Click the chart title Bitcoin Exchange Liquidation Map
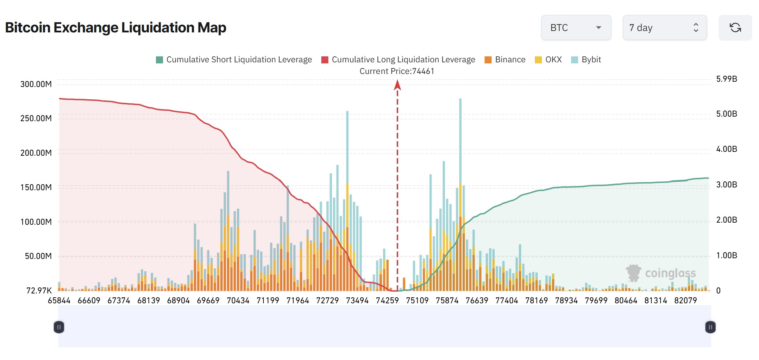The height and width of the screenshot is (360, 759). [x=115, y=27]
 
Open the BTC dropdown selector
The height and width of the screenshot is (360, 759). [x=576, y=27]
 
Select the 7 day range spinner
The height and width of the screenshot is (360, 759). [x=664, y=27]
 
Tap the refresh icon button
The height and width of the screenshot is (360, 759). [x=735, y=27]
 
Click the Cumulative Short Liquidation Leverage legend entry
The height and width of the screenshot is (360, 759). [x=234, y=60]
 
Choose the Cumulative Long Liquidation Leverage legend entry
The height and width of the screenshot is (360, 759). [x=398, y=60]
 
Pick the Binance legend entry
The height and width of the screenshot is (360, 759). [x=505, y=60]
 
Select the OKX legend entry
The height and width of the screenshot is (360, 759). [x=548, y=60]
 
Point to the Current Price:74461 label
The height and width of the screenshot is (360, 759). [x=397, y=71]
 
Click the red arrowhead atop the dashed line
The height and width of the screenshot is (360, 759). [x=397, y=85]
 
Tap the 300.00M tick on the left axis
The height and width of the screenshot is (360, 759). [x=36, y=84]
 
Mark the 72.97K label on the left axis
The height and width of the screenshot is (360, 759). [x=39, y=291]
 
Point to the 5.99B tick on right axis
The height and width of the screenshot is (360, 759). [x=727, y=79]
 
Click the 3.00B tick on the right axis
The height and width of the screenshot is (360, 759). [x=727, y=185]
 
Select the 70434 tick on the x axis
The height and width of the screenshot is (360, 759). [x=238, y=300]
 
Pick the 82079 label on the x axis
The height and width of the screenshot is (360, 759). [x=685, y=300]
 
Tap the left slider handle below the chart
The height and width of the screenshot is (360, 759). [x=59, y=327]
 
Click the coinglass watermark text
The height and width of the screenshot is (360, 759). [x=670, y=273]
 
